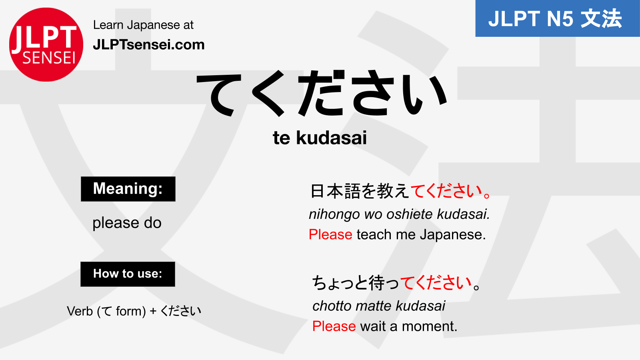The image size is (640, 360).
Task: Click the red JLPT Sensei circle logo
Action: coord(46,44)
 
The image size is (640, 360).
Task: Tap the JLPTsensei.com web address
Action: coord(148,44)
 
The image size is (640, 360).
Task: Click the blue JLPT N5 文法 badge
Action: coord(557,19)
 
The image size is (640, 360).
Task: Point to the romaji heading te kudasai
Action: coord(320,138)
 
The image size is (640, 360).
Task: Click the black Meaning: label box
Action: coord(128,189)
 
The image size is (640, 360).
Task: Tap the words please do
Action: coord(127,223)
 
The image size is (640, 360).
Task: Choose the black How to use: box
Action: coord(128,274)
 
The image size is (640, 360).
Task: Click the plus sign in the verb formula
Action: coord(153,311)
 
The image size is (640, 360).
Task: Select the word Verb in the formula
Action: coord(80,311)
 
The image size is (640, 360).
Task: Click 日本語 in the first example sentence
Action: coord(335,191)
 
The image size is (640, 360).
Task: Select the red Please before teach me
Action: coord(330,234)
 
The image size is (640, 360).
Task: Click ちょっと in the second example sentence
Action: coord(340,283)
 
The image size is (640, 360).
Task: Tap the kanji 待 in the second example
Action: coord(377,283)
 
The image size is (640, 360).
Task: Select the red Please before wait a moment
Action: coord(334,326)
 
